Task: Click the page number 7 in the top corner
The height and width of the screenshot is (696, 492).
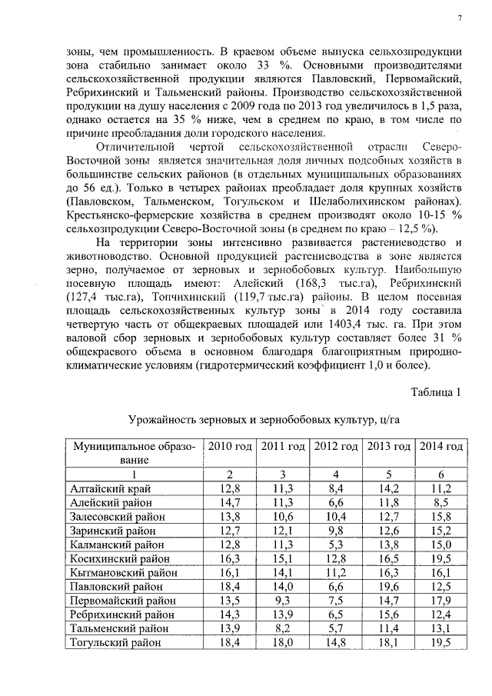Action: [x=459, y=18]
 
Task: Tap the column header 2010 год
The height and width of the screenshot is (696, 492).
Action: [x=228, y=447]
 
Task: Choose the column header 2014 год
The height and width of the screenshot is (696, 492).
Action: [x=440, y=447]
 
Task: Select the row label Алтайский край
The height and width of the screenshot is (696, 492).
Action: [x=111, y=488]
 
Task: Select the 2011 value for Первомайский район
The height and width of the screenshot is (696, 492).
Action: [x=281, y=601]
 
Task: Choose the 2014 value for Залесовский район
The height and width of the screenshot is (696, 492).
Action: [x=440, y=516]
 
